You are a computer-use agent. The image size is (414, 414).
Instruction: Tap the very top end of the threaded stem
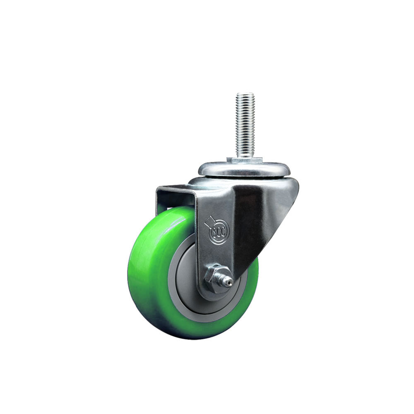point(246,93)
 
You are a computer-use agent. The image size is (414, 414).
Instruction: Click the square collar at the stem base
point(244,161)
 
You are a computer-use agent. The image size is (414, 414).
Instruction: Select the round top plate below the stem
point(244,169)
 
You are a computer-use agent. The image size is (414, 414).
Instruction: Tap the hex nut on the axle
point(215,278)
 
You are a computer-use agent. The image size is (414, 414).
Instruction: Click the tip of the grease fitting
point(231,283)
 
